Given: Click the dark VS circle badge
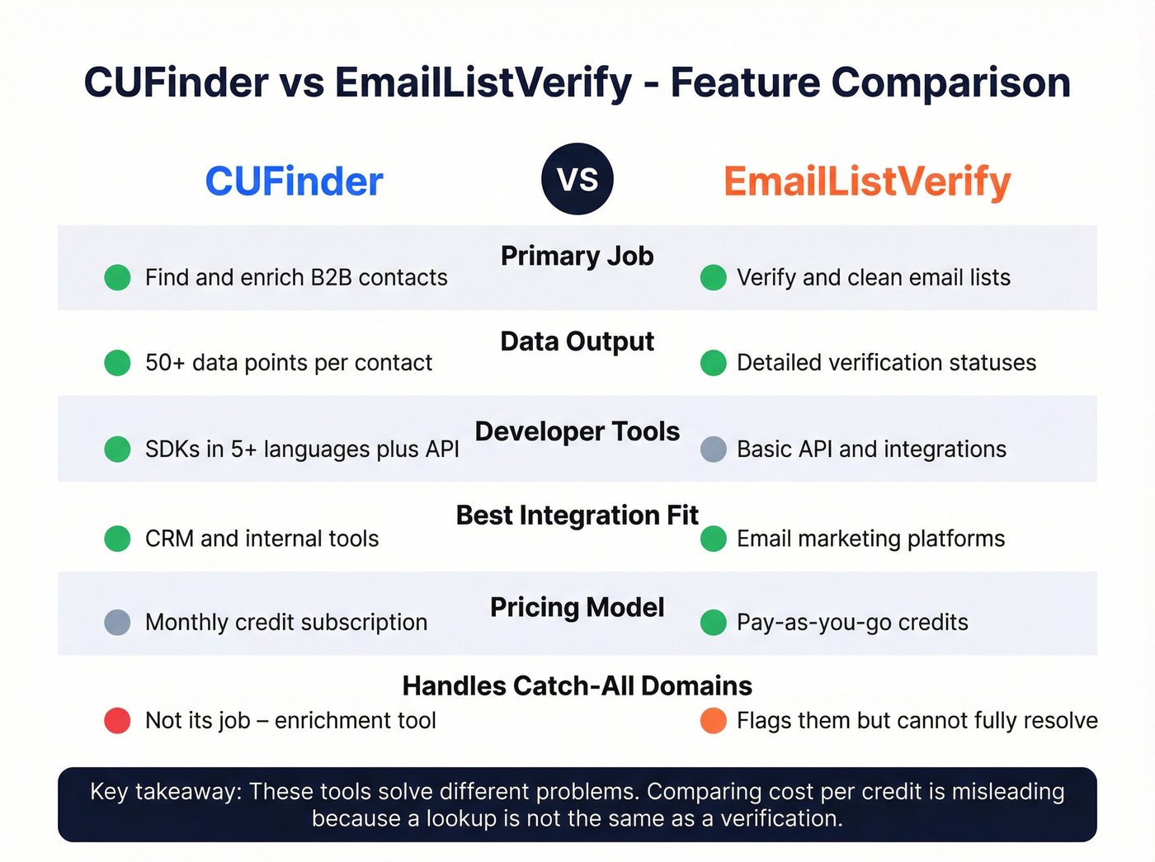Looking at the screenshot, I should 577,179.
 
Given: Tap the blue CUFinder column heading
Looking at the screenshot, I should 294,181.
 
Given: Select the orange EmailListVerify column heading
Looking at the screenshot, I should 867,181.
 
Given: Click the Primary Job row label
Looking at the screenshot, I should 577,256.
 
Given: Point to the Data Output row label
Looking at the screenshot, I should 577,342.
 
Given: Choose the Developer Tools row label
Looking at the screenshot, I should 577,431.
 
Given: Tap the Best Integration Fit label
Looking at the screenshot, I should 577,516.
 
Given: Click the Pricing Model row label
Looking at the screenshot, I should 577,608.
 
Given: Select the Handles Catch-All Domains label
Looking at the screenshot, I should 577,686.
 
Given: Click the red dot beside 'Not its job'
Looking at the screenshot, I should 118,721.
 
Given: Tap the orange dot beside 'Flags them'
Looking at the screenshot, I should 714,721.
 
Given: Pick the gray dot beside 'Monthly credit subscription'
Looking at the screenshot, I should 118,622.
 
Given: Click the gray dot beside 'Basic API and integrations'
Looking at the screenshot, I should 714,450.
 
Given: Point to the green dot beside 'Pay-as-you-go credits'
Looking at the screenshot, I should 714,622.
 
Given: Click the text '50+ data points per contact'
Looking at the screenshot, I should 288,363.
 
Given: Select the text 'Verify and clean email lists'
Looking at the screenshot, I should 873,278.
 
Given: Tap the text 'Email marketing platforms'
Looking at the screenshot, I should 870,539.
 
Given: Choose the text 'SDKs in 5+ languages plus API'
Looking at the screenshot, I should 302,450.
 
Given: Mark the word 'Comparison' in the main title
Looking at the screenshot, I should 950,82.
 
